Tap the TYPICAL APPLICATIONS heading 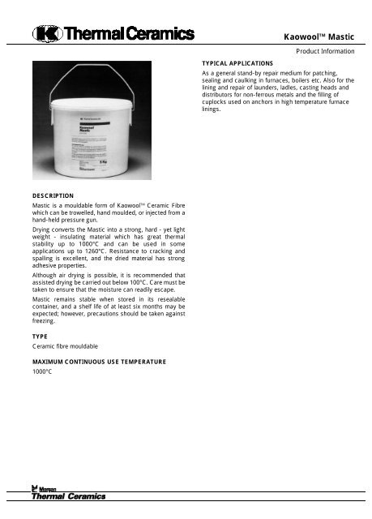click(237, 62)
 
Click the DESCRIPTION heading click(53, 195)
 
